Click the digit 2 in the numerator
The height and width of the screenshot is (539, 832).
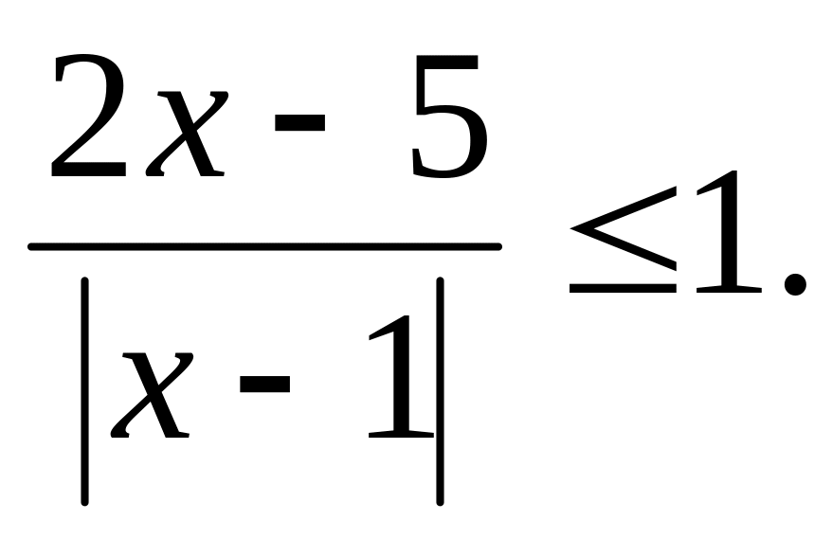coord(91,118)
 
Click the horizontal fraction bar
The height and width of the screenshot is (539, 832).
coord(265,247)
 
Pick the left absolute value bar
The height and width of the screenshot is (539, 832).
coord(85,389)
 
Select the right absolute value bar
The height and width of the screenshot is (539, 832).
coord(441,389)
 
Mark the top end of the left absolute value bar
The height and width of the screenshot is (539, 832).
coord(85,281)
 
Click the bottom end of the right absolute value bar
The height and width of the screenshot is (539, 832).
coord(441,498)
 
